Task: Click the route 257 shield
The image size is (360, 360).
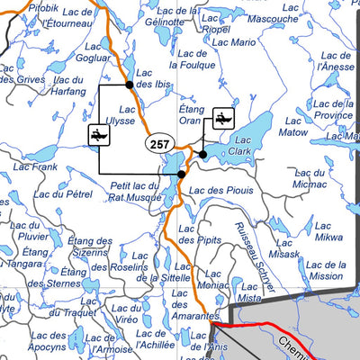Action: pos(159,144)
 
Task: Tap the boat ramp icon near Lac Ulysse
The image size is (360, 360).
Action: pos(99,135)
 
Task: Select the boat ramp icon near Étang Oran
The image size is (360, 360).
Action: pos(221,117)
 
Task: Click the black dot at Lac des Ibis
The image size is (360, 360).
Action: pos(130,85)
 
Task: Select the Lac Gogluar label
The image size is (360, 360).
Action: pos(93,50)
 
